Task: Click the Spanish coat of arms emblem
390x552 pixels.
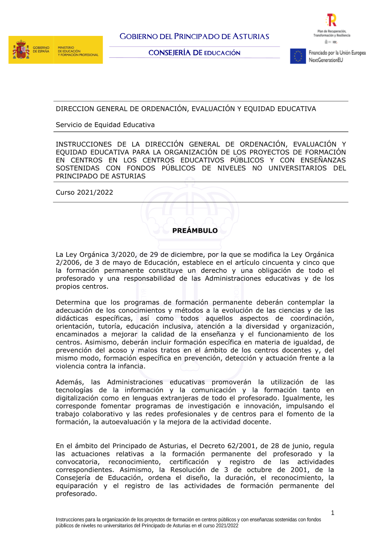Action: [x=21, y=50]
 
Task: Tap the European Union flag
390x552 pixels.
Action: [x=298, y=56]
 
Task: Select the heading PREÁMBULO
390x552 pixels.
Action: [x=195, y=231]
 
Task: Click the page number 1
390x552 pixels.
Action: [x=333, y=513]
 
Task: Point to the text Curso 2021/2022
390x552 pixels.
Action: [x=84, y=192]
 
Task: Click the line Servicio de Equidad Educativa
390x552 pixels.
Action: [x=105, y=125]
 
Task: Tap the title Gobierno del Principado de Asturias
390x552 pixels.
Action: [x=194, y=37]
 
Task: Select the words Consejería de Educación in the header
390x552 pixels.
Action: [x=194, y=53]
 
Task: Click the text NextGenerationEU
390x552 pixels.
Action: [x=326, y=60]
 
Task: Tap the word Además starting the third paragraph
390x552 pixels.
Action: [x=70, y=382]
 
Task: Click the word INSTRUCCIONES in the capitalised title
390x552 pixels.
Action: [x=83, y=144]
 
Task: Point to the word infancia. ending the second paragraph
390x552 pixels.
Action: [x=129, y=366]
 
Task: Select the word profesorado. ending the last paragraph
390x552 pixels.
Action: [x=76, y=494]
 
